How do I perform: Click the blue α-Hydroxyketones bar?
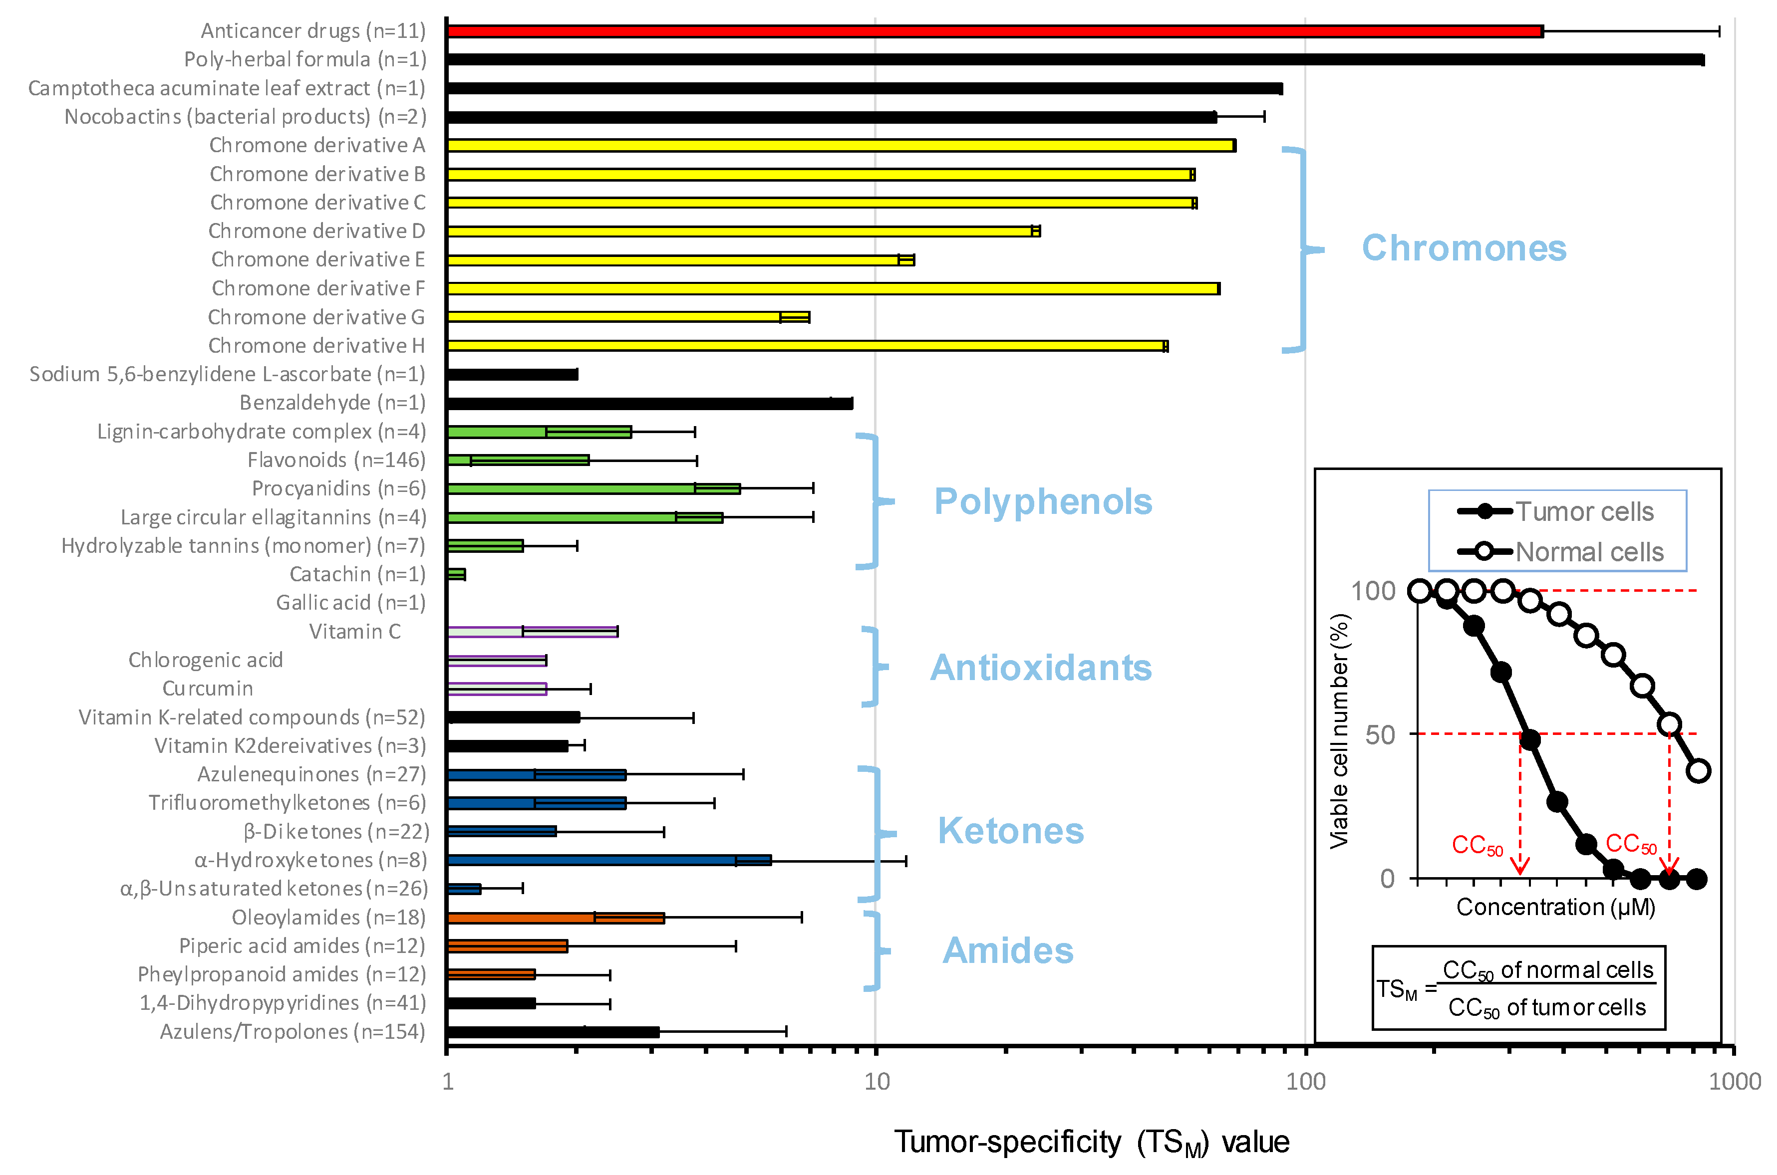point(608,860)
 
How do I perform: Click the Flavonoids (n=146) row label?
point(336,460)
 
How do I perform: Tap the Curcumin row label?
point(208,689)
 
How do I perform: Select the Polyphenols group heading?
point(1043,501)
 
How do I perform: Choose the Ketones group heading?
point(1010,831)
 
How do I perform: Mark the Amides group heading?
point(1007,951)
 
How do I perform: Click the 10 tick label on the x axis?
point(876,1081)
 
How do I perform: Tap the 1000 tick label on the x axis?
point(1734,1081)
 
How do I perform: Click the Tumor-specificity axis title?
point(1091,1143)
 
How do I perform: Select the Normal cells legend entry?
point(1589,552)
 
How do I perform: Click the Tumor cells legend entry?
point(1584,512)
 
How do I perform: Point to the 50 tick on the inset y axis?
point(1380,735)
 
